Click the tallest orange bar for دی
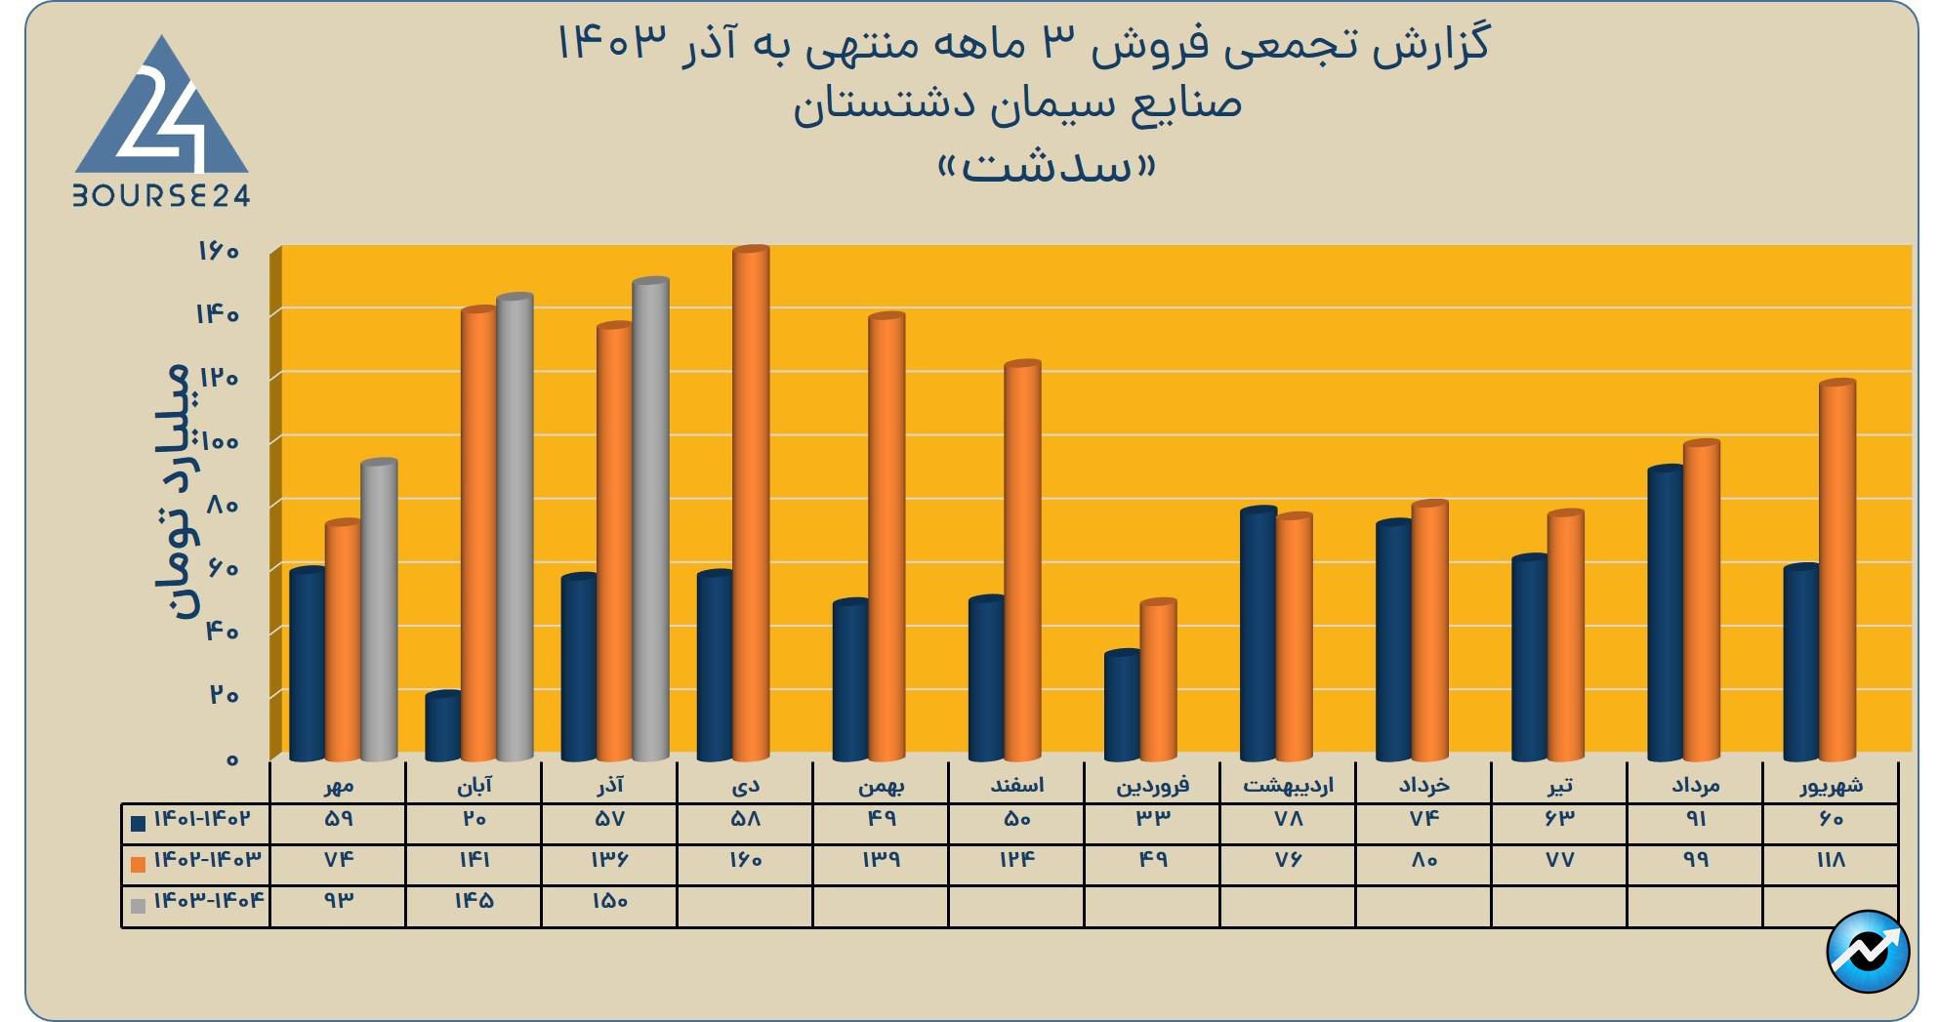(x=751, y=503)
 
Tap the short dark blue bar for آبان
(x=443, y=726)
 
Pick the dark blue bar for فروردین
(x=1122, y=705)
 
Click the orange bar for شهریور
(x=1836, y=571)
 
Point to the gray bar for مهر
(x=379, y=610)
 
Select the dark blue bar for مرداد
(x=1665, y=613)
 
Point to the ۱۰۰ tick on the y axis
(x=220, y=441)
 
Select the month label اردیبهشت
(x=1288, y=785)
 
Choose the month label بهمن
(x=881, y=785)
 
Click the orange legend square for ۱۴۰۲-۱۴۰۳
(x=139, y=863)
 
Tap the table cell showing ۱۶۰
(x=745, y=860)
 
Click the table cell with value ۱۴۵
(x=474, y=901)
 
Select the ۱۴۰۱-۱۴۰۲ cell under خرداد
(x=1423, y=819)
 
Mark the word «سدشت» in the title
(x=1047, y=167)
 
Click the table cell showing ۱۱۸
(x=1831, y=860)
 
